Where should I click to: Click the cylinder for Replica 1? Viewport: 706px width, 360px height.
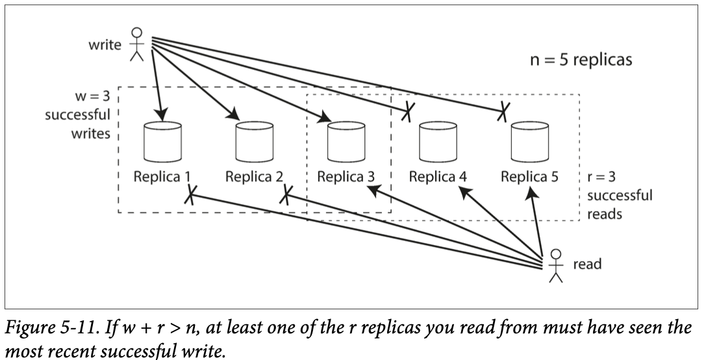pyautogui.click(x=162, y=142)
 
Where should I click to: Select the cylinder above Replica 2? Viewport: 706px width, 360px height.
pyautogui.click(x=255, y=142)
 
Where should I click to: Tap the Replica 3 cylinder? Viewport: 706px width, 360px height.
pyautogui.click(x=346, y=142)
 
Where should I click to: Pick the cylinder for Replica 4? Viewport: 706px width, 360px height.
pyautogui.click(x=438, y=142)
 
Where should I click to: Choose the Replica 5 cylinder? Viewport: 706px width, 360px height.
pyautogui.click(x=530, y=142)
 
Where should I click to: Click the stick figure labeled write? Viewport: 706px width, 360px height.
pyautogui.click(x=136, y=44)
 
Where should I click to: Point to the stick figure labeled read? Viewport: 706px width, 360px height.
pyautogui.click(x=557, y=266)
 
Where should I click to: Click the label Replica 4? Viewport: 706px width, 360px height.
pyautogui.click(x=438, y=177)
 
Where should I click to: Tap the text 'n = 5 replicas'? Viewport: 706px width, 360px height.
pyautogui.click(x=581, y=60)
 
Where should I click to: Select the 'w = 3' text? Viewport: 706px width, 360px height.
pyautogui.click(x=92, y=96)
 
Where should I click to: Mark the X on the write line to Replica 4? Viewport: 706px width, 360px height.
pyautogui.click(x=407, y=111)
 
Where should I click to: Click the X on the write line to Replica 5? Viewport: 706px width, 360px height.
pyautogui.click(x=503, y=111)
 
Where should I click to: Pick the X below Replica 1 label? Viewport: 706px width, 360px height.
pyautogui.click(x=190, y=195)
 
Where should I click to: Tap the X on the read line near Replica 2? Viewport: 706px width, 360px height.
pyautogui.click(x=286, y=195)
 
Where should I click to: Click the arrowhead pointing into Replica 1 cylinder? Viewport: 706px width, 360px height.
pyautogui.click(x=160, y=114)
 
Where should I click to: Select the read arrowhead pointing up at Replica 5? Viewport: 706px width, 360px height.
pyautogui.click(x=533, y=193)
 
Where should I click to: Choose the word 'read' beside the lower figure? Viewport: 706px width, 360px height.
pyautogui.click(x=587, y=264)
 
